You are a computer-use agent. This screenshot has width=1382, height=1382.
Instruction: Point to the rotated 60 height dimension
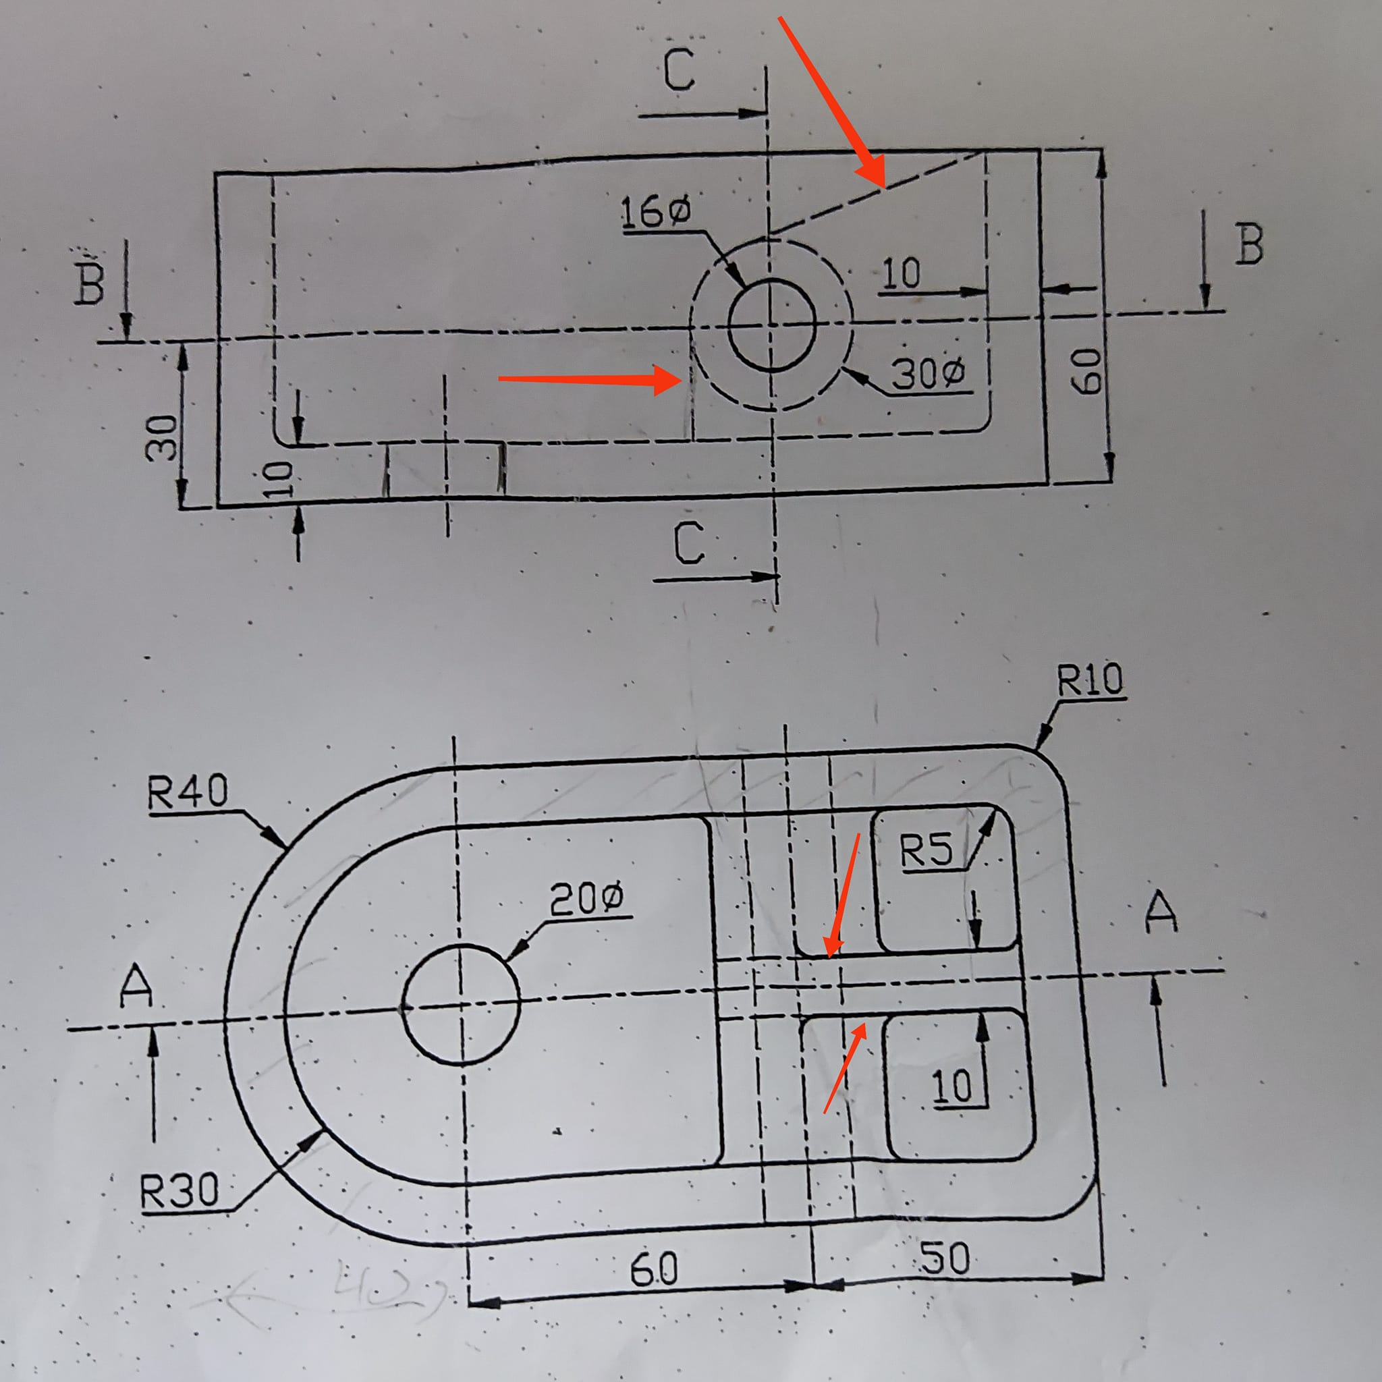pyautogui.click(x=1086, y=370)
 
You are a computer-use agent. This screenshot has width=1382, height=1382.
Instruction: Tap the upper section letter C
pyautogui.click(x=678, y=70)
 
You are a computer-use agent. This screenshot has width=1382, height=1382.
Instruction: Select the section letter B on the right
pyautogui.click(x=1249, y=246)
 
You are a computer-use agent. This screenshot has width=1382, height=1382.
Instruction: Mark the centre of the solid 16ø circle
pyautogui.click(x=771, y=326)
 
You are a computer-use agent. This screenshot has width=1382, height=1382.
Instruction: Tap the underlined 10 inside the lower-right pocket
pyautogui.click(x=953, y=1086)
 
